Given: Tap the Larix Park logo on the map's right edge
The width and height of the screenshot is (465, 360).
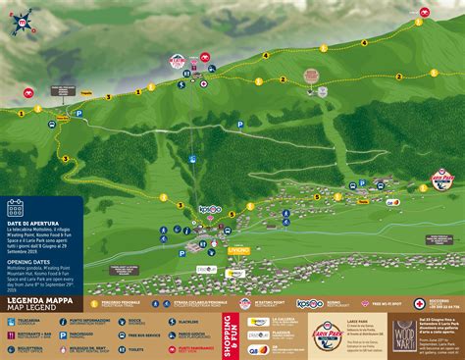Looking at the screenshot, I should point(447,181).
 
